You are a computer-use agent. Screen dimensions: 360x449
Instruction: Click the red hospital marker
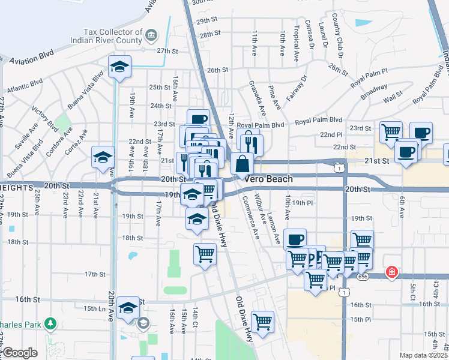392,272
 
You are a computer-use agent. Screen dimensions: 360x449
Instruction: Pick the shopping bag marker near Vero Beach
242,163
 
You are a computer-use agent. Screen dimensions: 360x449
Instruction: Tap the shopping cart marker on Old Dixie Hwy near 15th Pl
262,322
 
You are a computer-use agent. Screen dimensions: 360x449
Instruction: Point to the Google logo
20,353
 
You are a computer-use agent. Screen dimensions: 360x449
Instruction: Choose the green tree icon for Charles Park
50,325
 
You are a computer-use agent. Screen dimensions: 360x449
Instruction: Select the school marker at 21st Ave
103,157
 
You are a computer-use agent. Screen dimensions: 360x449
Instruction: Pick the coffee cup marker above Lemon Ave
294,239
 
